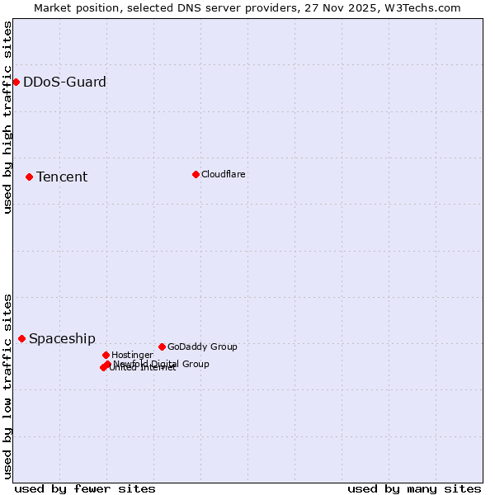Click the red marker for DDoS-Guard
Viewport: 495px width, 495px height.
coord(16,82)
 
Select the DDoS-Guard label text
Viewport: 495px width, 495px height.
coord(64,82)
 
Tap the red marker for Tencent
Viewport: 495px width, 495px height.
coord(29,177)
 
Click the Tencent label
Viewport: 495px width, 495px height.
coord(62,177)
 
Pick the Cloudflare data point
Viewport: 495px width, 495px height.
coord(196,174)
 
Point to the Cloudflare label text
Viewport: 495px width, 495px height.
coord(223,174)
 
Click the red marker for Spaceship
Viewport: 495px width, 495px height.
coord(21,338)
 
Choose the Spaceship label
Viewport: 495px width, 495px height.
coord(62,338)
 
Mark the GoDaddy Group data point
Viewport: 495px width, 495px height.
coord(162,346)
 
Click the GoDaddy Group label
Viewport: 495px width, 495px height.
coord(202,346)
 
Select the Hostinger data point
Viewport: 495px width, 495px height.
coord(106,355)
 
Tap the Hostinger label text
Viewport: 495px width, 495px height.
coord(132,355)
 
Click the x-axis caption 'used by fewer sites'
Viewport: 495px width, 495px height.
coord(85,488)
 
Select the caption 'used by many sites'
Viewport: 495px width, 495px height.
coord(414,488)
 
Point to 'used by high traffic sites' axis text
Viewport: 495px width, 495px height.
coord(7,117)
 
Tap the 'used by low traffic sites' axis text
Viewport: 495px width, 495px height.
coord(7,386)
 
